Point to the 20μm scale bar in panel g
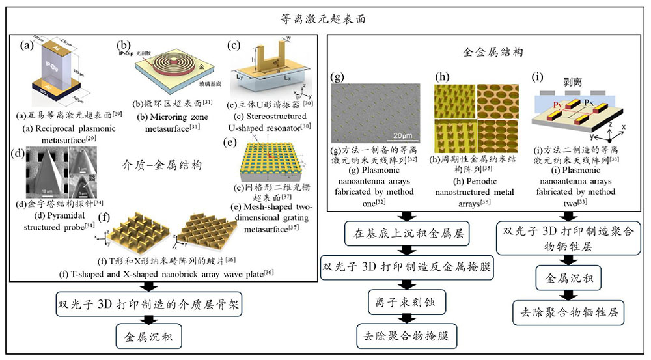coord(404,135)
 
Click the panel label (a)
coord(27,46)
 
